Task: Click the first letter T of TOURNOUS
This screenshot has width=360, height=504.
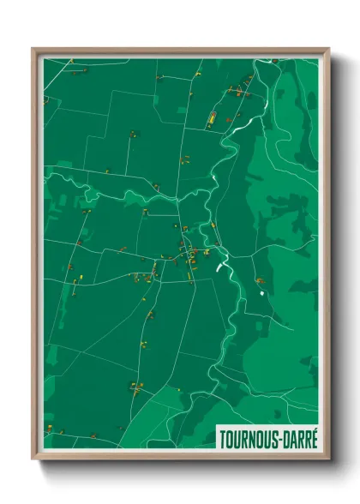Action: [222, 435]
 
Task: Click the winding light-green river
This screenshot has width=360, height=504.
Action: [230, 154]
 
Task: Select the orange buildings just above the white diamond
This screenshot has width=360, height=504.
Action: [259, 280]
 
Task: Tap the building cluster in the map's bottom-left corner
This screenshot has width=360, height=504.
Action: [57, 427]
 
